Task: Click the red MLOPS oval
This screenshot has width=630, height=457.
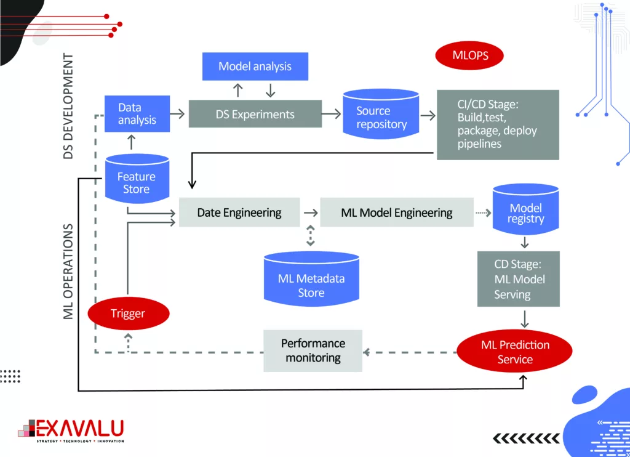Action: click(470, 55)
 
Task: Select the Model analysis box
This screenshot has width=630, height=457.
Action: click(255, 66)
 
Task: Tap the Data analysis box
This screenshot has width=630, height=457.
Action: click(137, 114)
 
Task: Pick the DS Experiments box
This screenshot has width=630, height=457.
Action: click(255, 114)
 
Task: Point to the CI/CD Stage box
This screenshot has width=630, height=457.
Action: click(498, 125)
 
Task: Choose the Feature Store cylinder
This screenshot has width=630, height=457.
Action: click(136, 182)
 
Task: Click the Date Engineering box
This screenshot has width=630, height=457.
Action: click(239, 212)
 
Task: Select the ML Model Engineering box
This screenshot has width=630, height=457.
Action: click(397, 212)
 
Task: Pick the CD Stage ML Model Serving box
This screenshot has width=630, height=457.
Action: click(519, 279)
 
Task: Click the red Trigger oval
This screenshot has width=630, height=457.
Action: click(128, 313)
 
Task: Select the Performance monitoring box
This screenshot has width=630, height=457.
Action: click(313, 350)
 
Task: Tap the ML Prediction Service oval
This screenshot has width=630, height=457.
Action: click(515, 352)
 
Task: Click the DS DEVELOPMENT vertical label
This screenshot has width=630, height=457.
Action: click(68, 106)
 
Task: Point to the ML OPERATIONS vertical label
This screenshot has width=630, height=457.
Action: click(68, 271)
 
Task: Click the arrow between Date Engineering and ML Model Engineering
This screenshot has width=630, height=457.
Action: click(310, 212)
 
